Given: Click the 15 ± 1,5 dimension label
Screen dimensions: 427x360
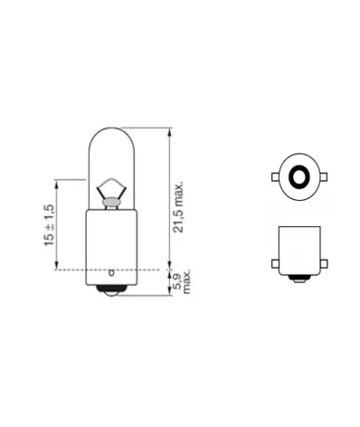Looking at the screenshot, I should (48, 225).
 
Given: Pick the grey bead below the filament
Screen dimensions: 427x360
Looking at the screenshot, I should (109, 204).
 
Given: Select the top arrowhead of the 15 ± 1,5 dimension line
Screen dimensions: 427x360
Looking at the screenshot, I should (59, 180).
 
